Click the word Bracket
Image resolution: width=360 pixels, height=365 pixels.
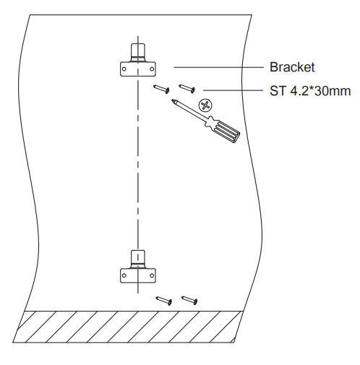coord(292,67)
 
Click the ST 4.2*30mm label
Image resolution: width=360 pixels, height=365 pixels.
coord(310,91)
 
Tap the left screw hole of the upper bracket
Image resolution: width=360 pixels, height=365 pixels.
coord(124,69)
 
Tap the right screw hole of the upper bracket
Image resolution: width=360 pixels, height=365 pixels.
coord(152,69)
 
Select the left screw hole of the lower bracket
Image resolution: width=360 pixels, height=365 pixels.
coord(124,275)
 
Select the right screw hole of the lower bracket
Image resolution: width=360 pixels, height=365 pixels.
coord(152,275)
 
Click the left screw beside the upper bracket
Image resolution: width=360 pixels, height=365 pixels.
coord(161,89)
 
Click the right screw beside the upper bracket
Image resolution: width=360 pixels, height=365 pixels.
coord(187,88)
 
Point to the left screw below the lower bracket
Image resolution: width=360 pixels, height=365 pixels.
coord(164,301)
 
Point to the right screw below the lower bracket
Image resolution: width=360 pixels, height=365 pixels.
coord(189,300)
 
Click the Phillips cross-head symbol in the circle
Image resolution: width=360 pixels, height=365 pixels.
coord(205,106)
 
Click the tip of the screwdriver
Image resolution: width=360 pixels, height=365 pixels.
coord(172,100)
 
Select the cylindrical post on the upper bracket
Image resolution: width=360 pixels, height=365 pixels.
coord(138,53)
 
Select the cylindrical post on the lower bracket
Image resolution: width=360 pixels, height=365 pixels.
coord(138,259)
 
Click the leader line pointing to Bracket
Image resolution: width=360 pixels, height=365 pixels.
coord(218,67)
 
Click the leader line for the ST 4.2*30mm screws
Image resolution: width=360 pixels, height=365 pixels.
coord(233,90)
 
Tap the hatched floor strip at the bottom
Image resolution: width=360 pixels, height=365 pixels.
coord(128,327)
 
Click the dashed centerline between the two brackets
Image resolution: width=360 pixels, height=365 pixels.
coord(138,163)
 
